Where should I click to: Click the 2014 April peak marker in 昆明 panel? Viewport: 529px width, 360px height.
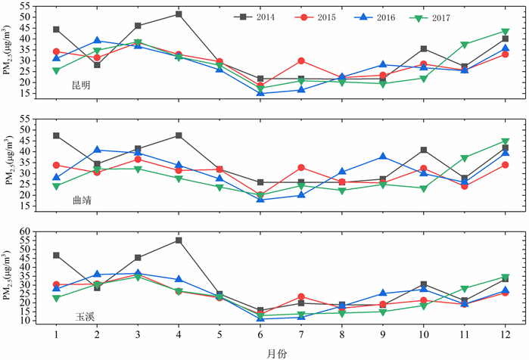pos(179,14)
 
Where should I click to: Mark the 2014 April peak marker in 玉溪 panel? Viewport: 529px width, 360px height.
pos(179,241)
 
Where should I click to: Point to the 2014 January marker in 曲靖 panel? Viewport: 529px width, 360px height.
pos(56,136)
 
